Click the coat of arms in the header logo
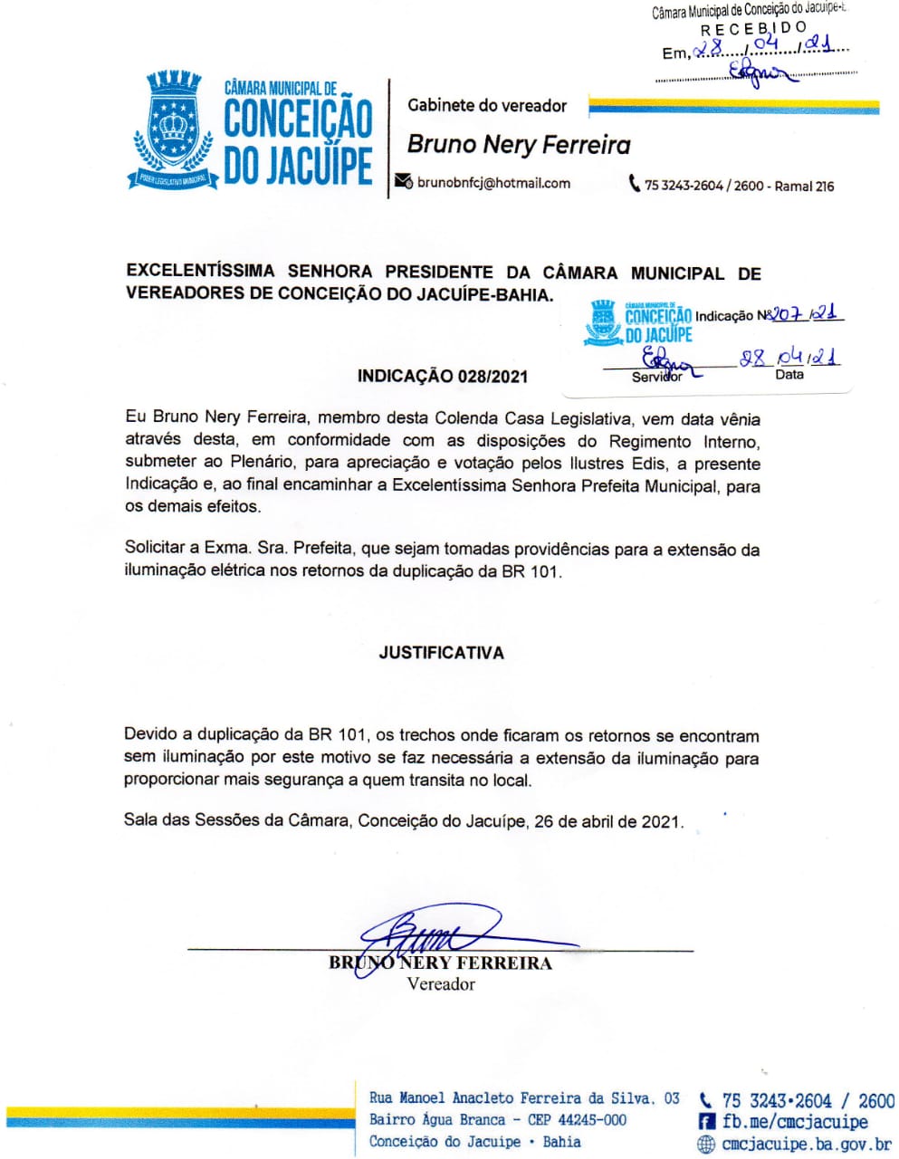[x=173, y=129]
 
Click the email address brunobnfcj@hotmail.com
[x=493, y=183]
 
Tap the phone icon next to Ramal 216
[x=635, y=184]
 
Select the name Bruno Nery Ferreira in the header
[x=519, y=145]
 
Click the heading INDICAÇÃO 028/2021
[x=442, y=377]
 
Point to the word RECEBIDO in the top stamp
[x=753, y=28]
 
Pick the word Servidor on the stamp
[x=656, y=377]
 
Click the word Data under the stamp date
[x=789, y=374]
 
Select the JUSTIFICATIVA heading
[x=442, y=653]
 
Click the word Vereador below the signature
[x=441, y=984]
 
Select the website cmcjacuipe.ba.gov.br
[x=807, y=1145]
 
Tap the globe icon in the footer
[x=706, y=1145]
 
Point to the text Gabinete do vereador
[x=487, y=106]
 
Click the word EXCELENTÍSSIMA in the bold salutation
[x=200, y=271]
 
